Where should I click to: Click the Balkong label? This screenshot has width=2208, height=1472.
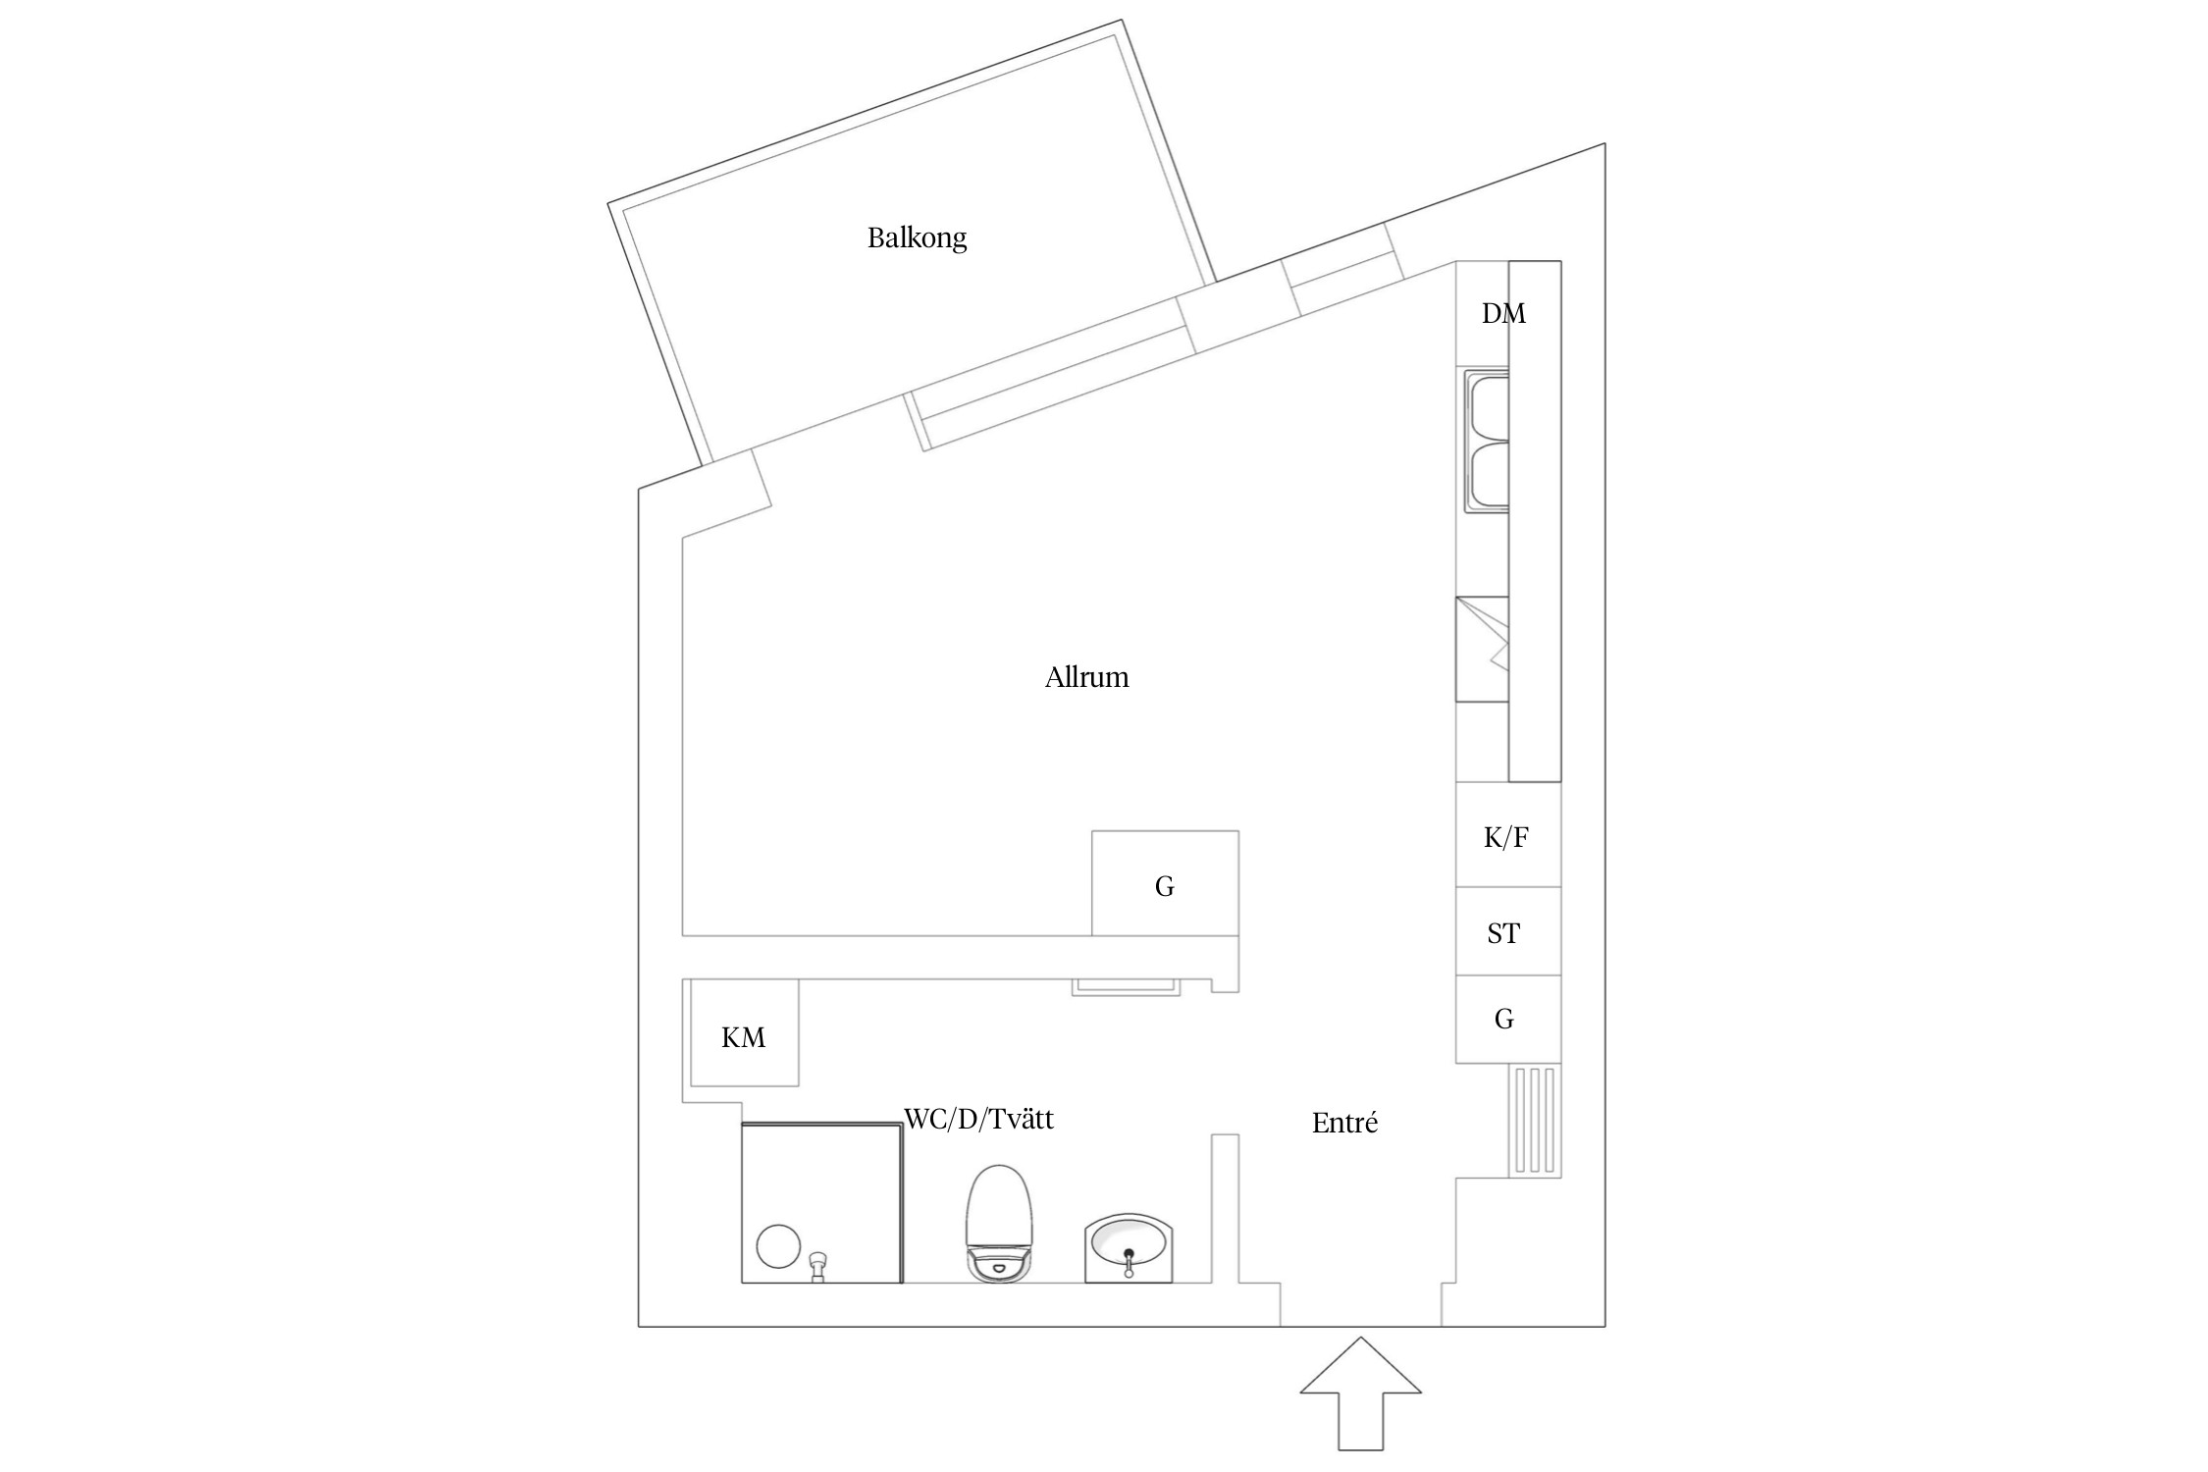pos(917,238)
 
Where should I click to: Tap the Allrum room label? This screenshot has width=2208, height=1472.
pos(1086,677)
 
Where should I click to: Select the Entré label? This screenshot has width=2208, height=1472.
pos(1344,1123)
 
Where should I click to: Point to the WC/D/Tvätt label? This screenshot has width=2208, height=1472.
pos(978,1119)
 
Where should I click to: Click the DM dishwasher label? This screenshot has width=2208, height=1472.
pos(1503,313)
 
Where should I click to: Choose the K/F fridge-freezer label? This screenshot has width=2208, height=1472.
pos(1506,837)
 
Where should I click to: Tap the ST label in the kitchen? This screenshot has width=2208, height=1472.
pos(1503,933)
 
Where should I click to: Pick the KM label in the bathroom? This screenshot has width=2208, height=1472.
pos(743,1037)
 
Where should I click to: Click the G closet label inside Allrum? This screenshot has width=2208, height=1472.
pos(1165,886)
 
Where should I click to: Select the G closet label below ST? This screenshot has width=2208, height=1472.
pos(1504,1019)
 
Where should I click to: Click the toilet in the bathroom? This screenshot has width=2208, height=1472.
pos(1000,1223)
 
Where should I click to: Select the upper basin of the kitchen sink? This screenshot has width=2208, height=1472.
pos(1488,405)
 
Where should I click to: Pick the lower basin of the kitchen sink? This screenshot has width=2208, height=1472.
pos(1488,475)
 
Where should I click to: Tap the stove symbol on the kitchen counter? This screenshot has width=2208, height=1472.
pos(1482,649)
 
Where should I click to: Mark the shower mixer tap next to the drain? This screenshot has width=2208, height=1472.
pos(816,1267)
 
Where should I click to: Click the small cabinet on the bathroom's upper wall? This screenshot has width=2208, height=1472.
pos(1126,987)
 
